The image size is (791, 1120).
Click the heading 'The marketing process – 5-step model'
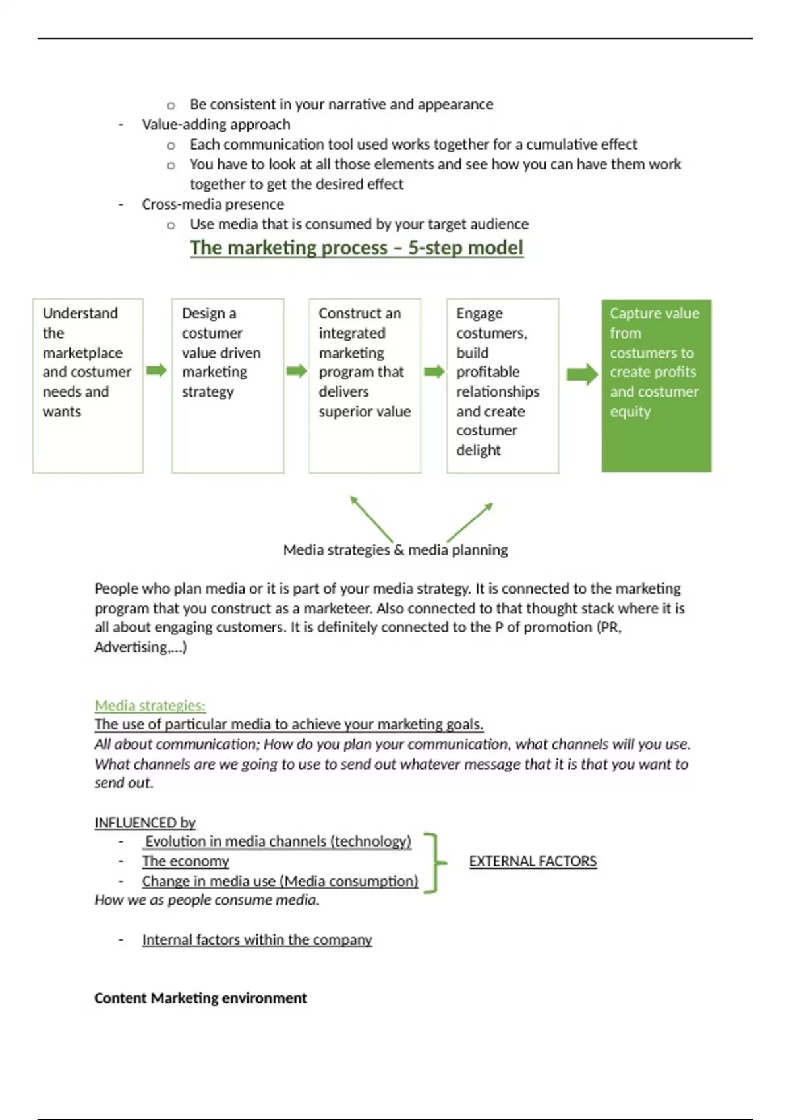coord(357,248)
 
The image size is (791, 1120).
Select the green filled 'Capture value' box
coord(656,385)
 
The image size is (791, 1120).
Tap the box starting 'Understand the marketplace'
coord(88,385)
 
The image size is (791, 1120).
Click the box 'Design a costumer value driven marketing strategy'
coord(227,385)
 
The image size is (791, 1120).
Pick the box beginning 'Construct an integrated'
coord(365,385)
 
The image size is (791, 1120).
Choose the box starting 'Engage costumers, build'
coord(502,385)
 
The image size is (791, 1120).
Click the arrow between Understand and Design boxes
coord(156,370)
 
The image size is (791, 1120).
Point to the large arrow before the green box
coord(581,375)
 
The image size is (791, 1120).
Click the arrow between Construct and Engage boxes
coord(434,372)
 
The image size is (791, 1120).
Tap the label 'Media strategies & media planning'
coord(395,549)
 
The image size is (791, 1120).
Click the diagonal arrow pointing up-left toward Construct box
coord(371,518)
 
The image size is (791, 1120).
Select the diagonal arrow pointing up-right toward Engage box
coord(470,522)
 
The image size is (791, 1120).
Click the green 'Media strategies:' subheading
coord(150,706)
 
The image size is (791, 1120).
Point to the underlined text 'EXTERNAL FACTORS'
coord(533,861)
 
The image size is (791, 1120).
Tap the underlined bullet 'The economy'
coord(185,861)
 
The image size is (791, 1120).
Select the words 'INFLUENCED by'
coord(145,822)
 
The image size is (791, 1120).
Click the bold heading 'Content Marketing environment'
coord(200,998)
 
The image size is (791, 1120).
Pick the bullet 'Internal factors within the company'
coord(257,939)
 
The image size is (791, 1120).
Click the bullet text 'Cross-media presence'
coord(213,204)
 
